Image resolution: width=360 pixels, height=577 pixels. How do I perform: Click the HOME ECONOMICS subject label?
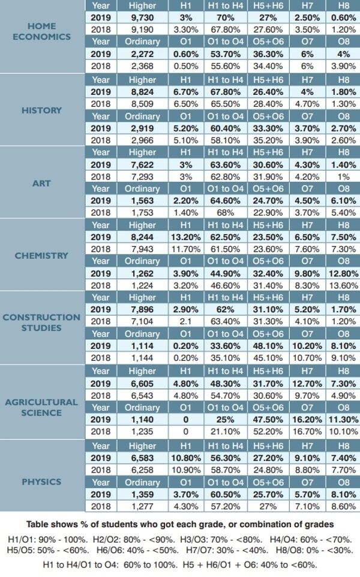(x=41, y=31)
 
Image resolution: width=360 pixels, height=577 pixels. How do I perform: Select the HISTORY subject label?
(x=41, y=110)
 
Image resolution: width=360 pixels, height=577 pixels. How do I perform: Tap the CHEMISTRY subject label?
(x=41, y=255)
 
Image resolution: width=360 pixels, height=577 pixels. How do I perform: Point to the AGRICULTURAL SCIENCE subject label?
(x=41, y=407)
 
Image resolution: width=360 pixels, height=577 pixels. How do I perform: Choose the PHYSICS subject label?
(x=41, y=482)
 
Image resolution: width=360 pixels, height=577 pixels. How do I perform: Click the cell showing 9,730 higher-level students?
(x=143, y=18)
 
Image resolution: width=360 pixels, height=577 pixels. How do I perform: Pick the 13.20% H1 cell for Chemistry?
(x=185, y=237)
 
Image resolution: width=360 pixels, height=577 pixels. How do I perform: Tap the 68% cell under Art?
(x=226, y=213)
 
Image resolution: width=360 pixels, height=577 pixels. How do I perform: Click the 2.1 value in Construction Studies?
(x=185, y=321)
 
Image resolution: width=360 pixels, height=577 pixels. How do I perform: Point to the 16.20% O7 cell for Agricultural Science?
(x=307, y=418)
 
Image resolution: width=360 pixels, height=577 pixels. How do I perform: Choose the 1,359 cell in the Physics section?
(x=143, y=494)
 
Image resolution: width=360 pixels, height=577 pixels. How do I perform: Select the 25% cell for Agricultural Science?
(x=226, y=418)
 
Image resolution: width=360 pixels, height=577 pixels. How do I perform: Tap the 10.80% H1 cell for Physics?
(x=185, y=458)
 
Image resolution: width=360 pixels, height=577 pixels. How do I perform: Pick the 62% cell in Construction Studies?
(x=226, y=309)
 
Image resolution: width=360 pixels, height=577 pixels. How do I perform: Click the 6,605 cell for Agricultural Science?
(x=143, y=382)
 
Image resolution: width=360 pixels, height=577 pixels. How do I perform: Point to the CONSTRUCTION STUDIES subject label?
(x=41, y=322)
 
